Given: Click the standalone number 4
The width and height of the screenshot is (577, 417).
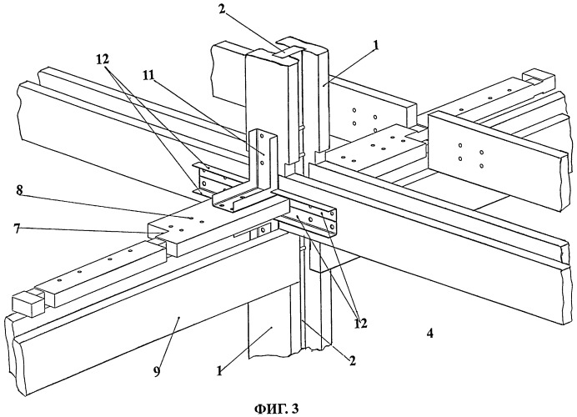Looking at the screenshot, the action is click(x=429, y=334).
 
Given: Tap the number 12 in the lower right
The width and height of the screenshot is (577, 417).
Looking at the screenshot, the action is click(x=360, y=323).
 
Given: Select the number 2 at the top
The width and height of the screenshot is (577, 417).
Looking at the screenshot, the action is click(x=222, y=9).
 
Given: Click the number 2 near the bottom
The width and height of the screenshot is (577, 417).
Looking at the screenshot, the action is click(x=352, y=360).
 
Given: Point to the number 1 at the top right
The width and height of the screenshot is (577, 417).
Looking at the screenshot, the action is click(x=376, y=45).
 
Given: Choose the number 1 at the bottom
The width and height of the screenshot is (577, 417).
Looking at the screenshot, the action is click(x=219, y=371).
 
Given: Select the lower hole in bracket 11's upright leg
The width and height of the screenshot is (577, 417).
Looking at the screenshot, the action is click(x=262, y=162).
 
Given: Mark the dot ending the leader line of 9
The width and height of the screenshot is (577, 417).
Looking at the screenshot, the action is click(x=178, y=316).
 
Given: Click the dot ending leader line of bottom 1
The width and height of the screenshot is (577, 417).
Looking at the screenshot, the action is click(x=271, y=326).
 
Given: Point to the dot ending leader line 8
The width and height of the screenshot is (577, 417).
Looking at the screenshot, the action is click(x=192, y=218).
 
